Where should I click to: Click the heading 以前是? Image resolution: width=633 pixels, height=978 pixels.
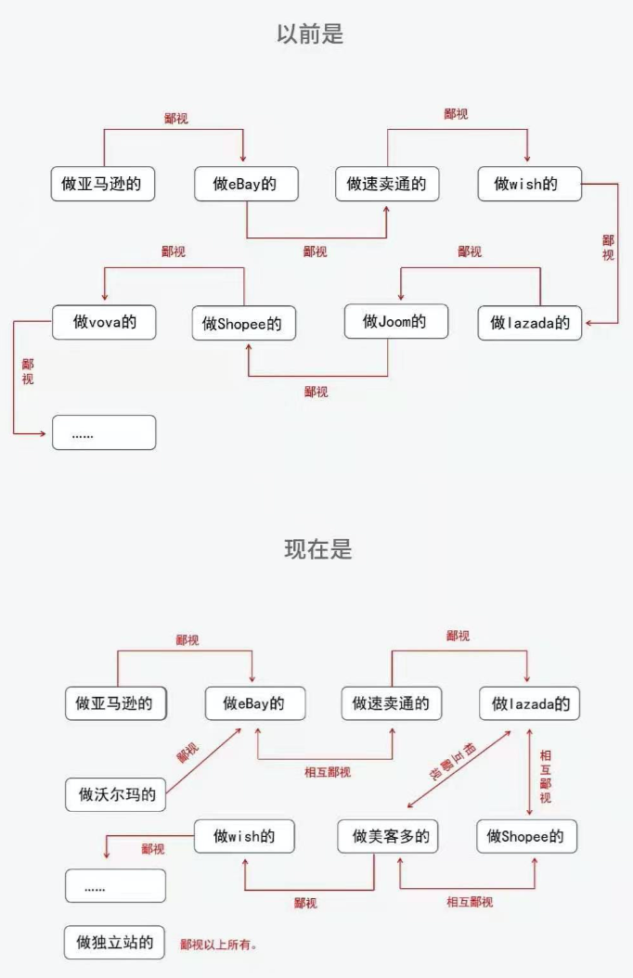click(310, 34)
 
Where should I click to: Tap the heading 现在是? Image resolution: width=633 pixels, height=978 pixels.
click(317, 548)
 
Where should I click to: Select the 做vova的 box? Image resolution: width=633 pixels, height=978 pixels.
click(104, 322)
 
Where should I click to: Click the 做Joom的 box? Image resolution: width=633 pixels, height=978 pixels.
click(395, 321)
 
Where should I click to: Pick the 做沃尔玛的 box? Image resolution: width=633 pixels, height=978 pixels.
click(116, 794)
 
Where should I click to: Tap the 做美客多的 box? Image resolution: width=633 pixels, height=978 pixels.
click(389, 836)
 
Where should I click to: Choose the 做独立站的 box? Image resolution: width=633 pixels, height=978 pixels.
click(115, 942)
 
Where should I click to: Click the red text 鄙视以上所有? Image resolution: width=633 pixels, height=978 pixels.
click(218, 945)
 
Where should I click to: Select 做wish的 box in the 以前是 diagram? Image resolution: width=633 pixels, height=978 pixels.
click(530, 184)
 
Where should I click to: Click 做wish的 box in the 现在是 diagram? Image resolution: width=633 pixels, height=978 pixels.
click(244, 836)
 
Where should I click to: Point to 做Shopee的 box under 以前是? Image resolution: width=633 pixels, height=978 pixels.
click(244, 324)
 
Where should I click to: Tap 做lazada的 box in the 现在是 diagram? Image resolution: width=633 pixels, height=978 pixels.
click(529, 703)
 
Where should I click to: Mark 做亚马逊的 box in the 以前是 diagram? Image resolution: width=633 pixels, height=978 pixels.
click(102, 184)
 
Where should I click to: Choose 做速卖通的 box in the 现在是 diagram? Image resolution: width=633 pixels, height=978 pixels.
click(391, 703)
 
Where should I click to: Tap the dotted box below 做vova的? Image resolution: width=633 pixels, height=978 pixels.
click(104, 433)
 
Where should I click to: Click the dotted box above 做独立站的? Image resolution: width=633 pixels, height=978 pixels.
click(115, 886)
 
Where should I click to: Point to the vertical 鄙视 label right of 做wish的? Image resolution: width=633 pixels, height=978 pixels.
click(608, 247)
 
